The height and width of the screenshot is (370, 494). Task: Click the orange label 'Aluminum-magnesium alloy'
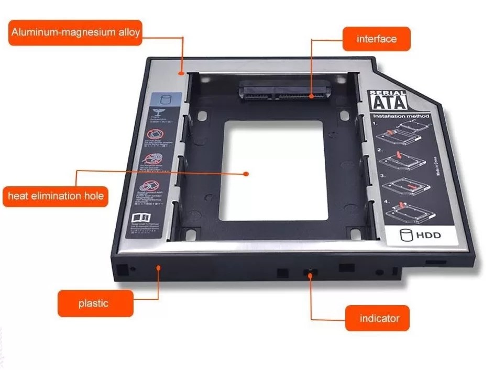point(75,32)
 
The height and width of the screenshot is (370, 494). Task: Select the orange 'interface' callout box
point(376,39)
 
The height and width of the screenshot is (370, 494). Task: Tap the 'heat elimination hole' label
point(56,197)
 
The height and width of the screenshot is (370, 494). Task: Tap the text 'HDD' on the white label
point(429,235)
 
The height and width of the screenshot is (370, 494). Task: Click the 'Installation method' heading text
point(401,116)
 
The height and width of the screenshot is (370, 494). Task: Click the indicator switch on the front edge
point(311,273)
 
